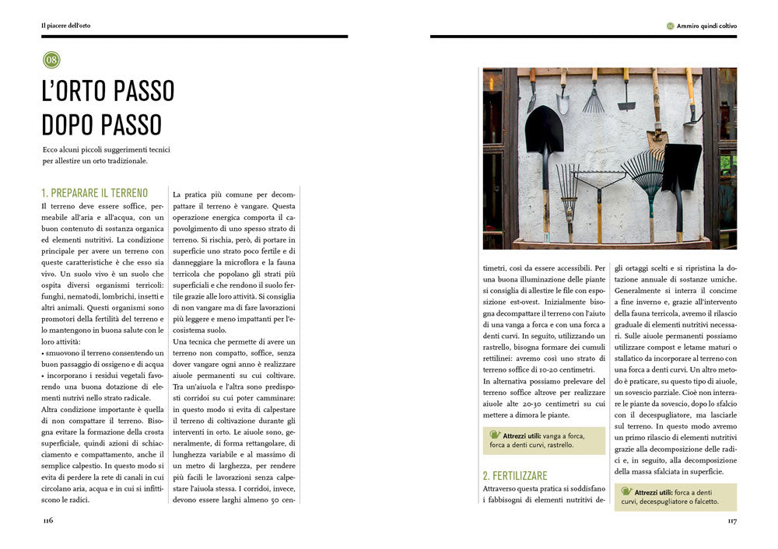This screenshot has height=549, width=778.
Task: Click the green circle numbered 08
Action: [51, 60]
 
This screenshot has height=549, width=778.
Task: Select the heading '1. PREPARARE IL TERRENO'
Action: [94, 193]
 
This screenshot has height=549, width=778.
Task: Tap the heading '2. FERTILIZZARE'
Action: [515, 475]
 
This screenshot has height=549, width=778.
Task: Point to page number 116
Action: [48, 521]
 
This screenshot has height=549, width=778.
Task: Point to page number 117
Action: [731, 521]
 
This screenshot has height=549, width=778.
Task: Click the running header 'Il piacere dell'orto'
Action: [66, 26]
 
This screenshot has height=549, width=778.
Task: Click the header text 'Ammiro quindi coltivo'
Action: [706, 26]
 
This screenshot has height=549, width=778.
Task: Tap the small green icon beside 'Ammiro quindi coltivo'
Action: [671, 26]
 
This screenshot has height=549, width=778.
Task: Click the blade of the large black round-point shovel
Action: [544, 128]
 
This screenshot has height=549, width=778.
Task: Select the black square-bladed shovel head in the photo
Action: [682, 166]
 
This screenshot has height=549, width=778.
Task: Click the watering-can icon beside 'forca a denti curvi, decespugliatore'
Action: [627, 492]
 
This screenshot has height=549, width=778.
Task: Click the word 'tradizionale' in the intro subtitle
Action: [124, 162]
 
